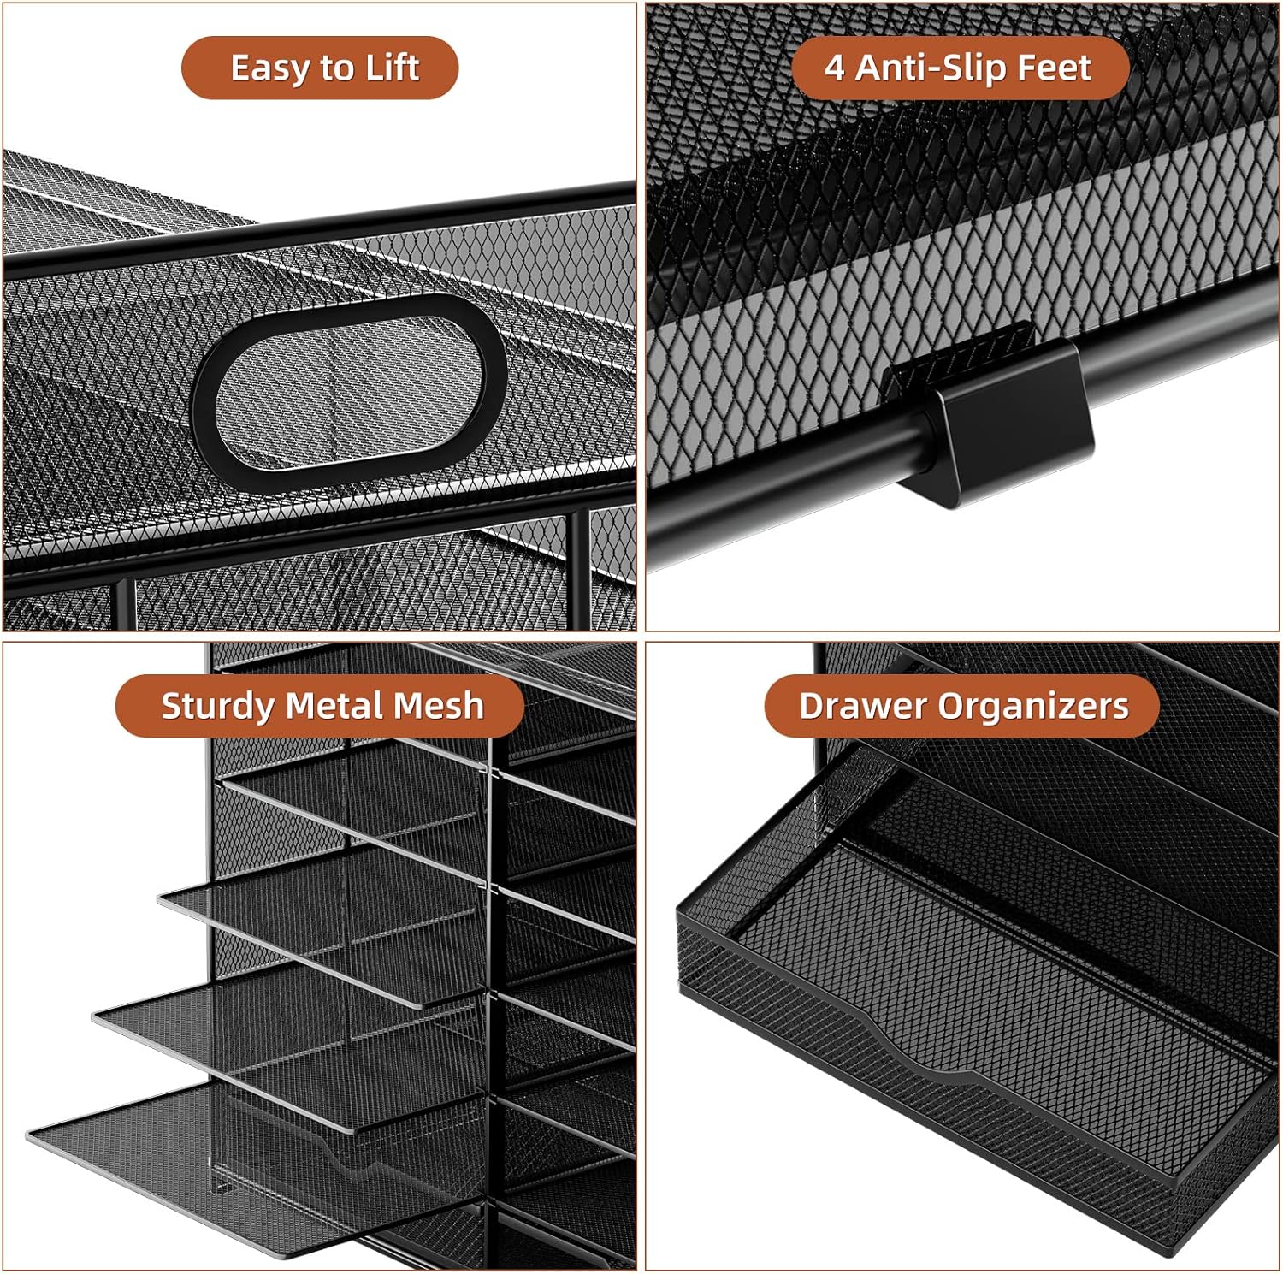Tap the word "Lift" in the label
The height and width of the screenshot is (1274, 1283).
pos(393,68)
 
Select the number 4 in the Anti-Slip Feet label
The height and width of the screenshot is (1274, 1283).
pos(835,68)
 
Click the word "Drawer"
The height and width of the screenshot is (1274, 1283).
pos(863,706)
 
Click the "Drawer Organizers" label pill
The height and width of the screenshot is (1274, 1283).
pos(962,706)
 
